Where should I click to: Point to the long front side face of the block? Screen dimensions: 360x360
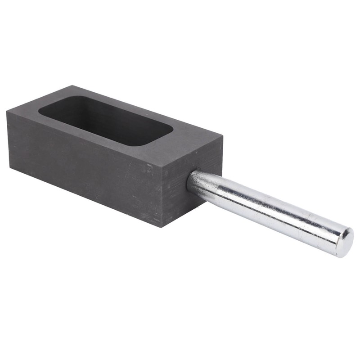[85, 166]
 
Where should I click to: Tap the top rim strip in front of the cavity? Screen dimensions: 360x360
[90, 135]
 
